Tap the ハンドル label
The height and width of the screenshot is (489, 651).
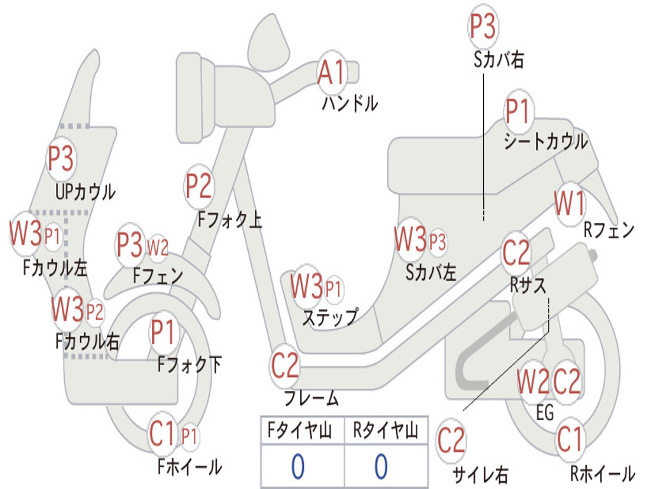[350, 104]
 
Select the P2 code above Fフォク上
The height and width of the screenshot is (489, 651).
[198, 186]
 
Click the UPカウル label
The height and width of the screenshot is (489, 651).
[85, 192]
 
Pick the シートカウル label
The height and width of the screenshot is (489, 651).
[545, 141]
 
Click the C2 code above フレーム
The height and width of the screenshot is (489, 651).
[284, 365]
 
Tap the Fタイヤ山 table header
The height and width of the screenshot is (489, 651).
[300, 431]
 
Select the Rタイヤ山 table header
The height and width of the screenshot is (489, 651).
[385, 431]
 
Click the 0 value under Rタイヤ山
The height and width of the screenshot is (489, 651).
[381, 466]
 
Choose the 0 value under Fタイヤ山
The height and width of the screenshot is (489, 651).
[298, 466]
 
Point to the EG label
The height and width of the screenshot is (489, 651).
[545, 413]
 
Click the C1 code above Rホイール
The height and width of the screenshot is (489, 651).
[569, 439]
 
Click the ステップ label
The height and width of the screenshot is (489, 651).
[330, 317]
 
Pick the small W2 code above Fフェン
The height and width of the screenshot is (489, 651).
[158, 248]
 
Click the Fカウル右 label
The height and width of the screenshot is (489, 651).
[87, 341]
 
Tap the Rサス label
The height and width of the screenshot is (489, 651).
[528, 286]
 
